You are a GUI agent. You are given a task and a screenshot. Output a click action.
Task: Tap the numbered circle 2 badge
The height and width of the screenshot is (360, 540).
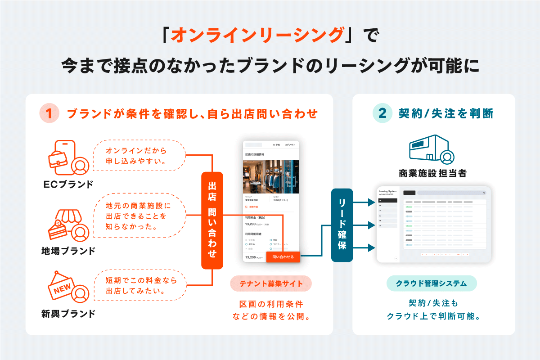coord(382,113)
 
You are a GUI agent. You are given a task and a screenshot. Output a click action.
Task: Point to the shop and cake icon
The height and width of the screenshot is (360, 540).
coord(67,224)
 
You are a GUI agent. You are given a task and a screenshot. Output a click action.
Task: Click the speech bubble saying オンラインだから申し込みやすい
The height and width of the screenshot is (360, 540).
coord(139,156)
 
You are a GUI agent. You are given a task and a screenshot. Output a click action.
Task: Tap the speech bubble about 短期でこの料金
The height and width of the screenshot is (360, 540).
coord(139,286)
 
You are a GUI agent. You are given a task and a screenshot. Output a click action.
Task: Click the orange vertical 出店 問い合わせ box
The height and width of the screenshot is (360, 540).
coord(212,220)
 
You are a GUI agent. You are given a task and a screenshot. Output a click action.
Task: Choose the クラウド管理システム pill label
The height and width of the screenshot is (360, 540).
coord(432,283)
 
